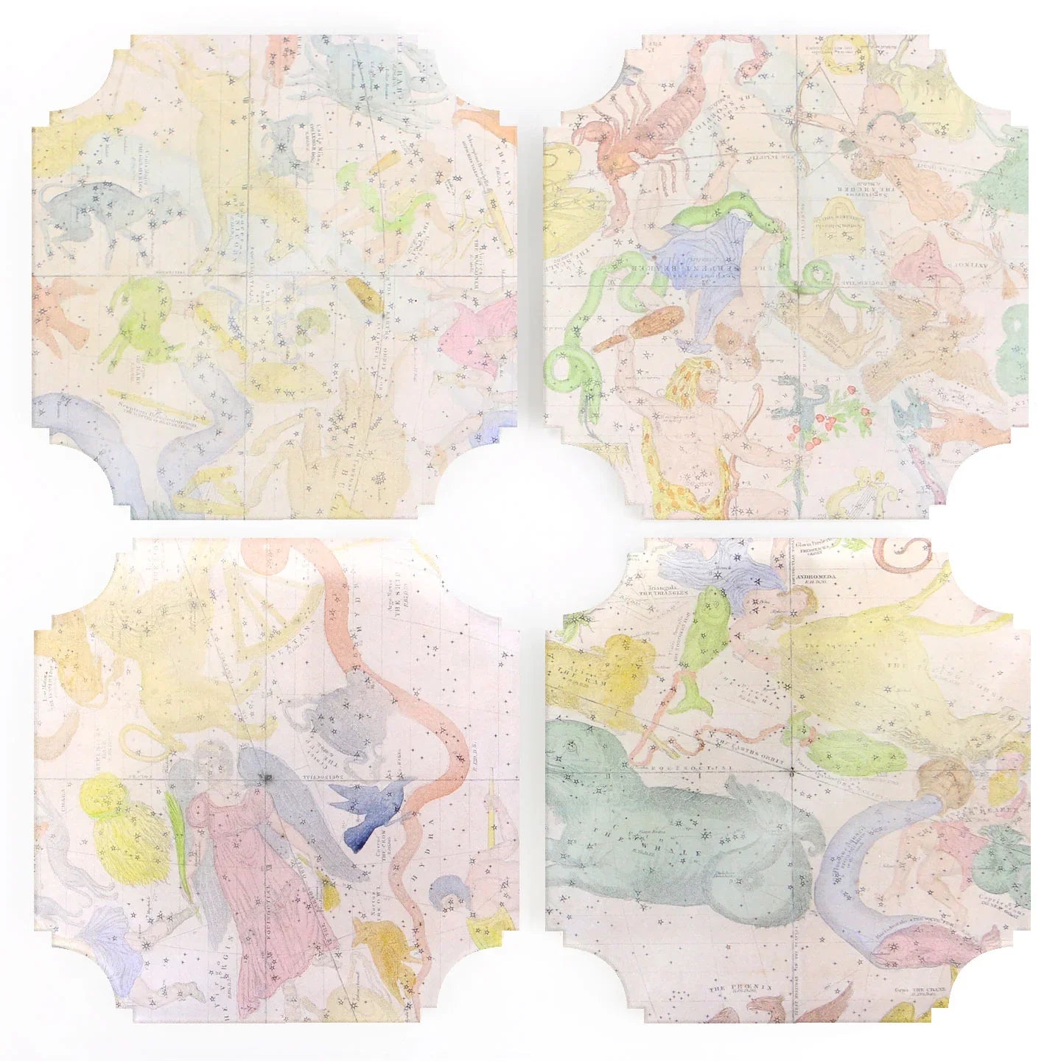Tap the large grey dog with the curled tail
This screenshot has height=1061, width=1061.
pyautogui.click(x=92, y=214)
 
